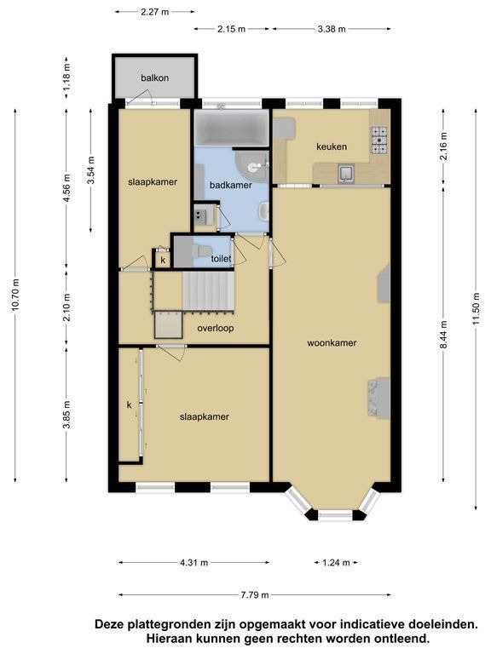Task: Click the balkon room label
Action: (154, 77)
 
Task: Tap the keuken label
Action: (332, 146)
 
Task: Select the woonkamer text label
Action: (332, 343)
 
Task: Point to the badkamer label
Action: (231, 185)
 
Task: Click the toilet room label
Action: (221, 259)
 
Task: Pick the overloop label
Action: (216, 328)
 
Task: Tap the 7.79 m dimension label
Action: (255, 594)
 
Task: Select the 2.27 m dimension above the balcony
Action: (155, 12)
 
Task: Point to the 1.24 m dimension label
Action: (336, 563)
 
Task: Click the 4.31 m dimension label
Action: (194, 563)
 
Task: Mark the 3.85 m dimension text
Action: (66, 415)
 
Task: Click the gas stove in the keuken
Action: (379, 141)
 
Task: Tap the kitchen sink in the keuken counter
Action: (347, 174)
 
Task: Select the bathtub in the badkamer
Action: (231, 128)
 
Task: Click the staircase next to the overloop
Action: (207, 290)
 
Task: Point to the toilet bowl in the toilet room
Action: (205, 251)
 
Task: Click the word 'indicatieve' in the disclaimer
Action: (373, 624)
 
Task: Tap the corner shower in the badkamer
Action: (252, 166)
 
